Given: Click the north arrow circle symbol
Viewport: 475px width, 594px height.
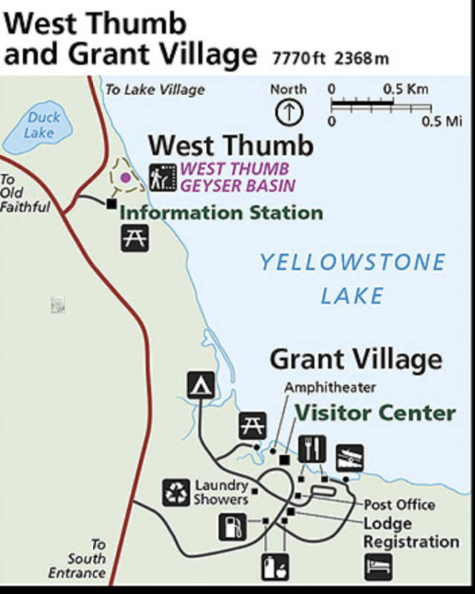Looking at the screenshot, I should (x=289, y=113).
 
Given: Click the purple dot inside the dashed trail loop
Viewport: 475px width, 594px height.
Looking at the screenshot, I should (x=126, y=177).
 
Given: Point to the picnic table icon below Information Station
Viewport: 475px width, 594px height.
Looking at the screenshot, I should (x=135, y=238).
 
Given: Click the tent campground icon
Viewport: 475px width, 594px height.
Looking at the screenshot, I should (x=201, y=386).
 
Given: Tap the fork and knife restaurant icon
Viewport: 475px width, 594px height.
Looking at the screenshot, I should (x=312, y=448).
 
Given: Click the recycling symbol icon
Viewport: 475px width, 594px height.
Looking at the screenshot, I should (x=177, y=491).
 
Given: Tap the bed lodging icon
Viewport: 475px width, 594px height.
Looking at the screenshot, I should (x=377, y=567).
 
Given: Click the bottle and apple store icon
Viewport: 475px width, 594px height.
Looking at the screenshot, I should (x=273, y=567).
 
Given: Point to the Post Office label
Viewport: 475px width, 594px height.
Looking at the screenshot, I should (x=399, y=505).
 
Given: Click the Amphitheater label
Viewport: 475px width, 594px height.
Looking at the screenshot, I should (x=330, y=387).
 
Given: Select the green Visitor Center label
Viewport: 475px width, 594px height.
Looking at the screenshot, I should (x=375, y=413).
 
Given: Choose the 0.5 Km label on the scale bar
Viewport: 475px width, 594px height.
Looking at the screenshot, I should (x=406, y=89).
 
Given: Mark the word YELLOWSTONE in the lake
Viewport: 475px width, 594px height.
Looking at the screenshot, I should (x=352, y=262).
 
